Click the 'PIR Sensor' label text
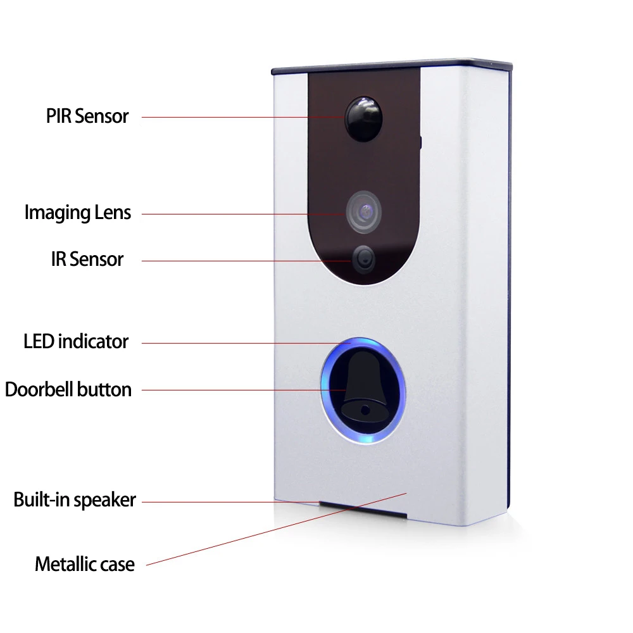[x=87, y=116]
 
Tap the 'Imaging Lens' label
[x=78, y=213]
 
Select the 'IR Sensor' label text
[x=87, y=259]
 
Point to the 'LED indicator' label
[x=76, y=342]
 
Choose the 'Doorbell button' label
[x=68, y=389]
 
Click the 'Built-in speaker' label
[x=75, y=500]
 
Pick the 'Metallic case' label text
[x=85, y=564]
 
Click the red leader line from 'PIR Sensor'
[x=241, y=117]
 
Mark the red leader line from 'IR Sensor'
[x=247, y=260]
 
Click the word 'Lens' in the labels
[x=114, y=213]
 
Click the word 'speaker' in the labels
[x=104, y=501]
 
